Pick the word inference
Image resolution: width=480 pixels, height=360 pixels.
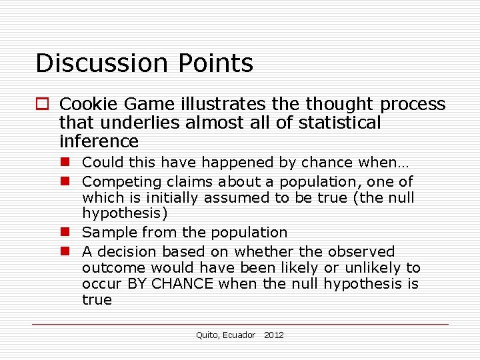click(x=99, y=141)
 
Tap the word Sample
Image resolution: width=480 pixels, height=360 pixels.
click(x=104, y=233)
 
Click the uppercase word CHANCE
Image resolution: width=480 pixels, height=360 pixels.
click(x=183, y=284)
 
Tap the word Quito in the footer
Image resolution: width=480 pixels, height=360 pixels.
click(x=207, y=335)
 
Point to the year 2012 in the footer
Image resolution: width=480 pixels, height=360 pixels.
click(x=273, y=335)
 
